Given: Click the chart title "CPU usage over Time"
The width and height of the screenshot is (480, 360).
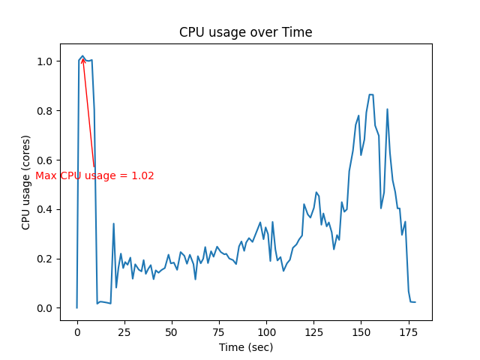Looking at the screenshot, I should coord(245,32).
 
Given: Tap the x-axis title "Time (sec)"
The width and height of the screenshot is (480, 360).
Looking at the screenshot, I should coord(245,347).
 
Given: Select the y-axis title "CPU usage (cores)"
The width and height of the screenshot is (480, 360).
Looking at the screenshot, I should coord(26,182).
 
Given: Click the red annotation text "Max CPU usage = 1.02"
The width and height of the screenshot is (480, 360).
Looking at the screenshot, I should coord(94,175).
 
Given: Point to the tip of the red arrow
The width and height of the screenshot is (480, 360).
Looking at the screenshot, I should coord(82,58).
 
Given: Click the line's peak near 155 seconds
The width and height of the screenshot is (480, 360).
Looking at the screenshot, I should coord(370,94).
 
